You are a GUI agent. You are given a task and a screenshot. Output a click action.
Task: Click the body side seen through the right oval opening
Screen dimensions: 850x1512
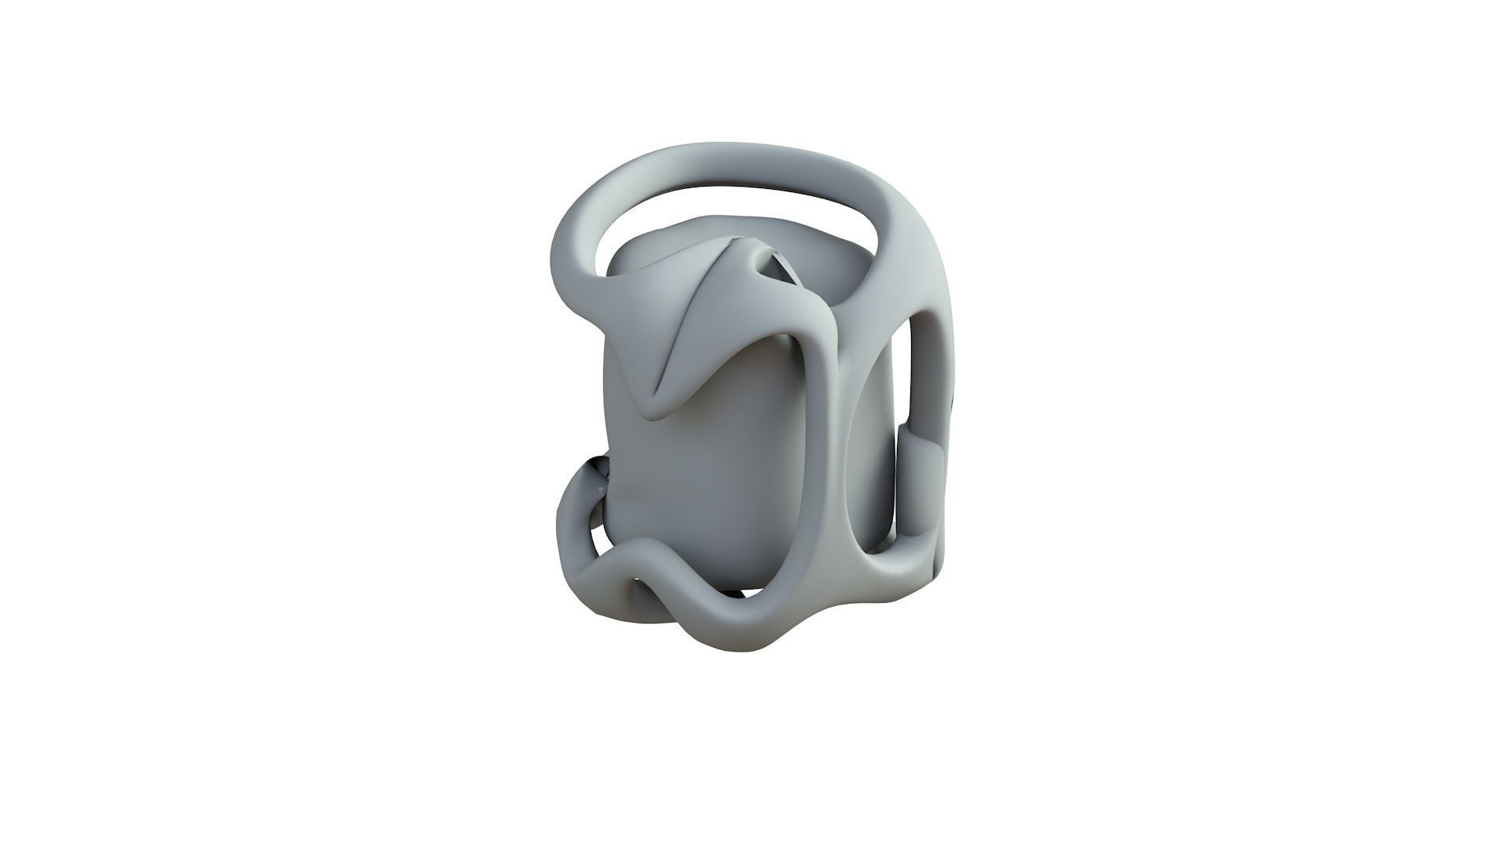pos(878,456)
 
